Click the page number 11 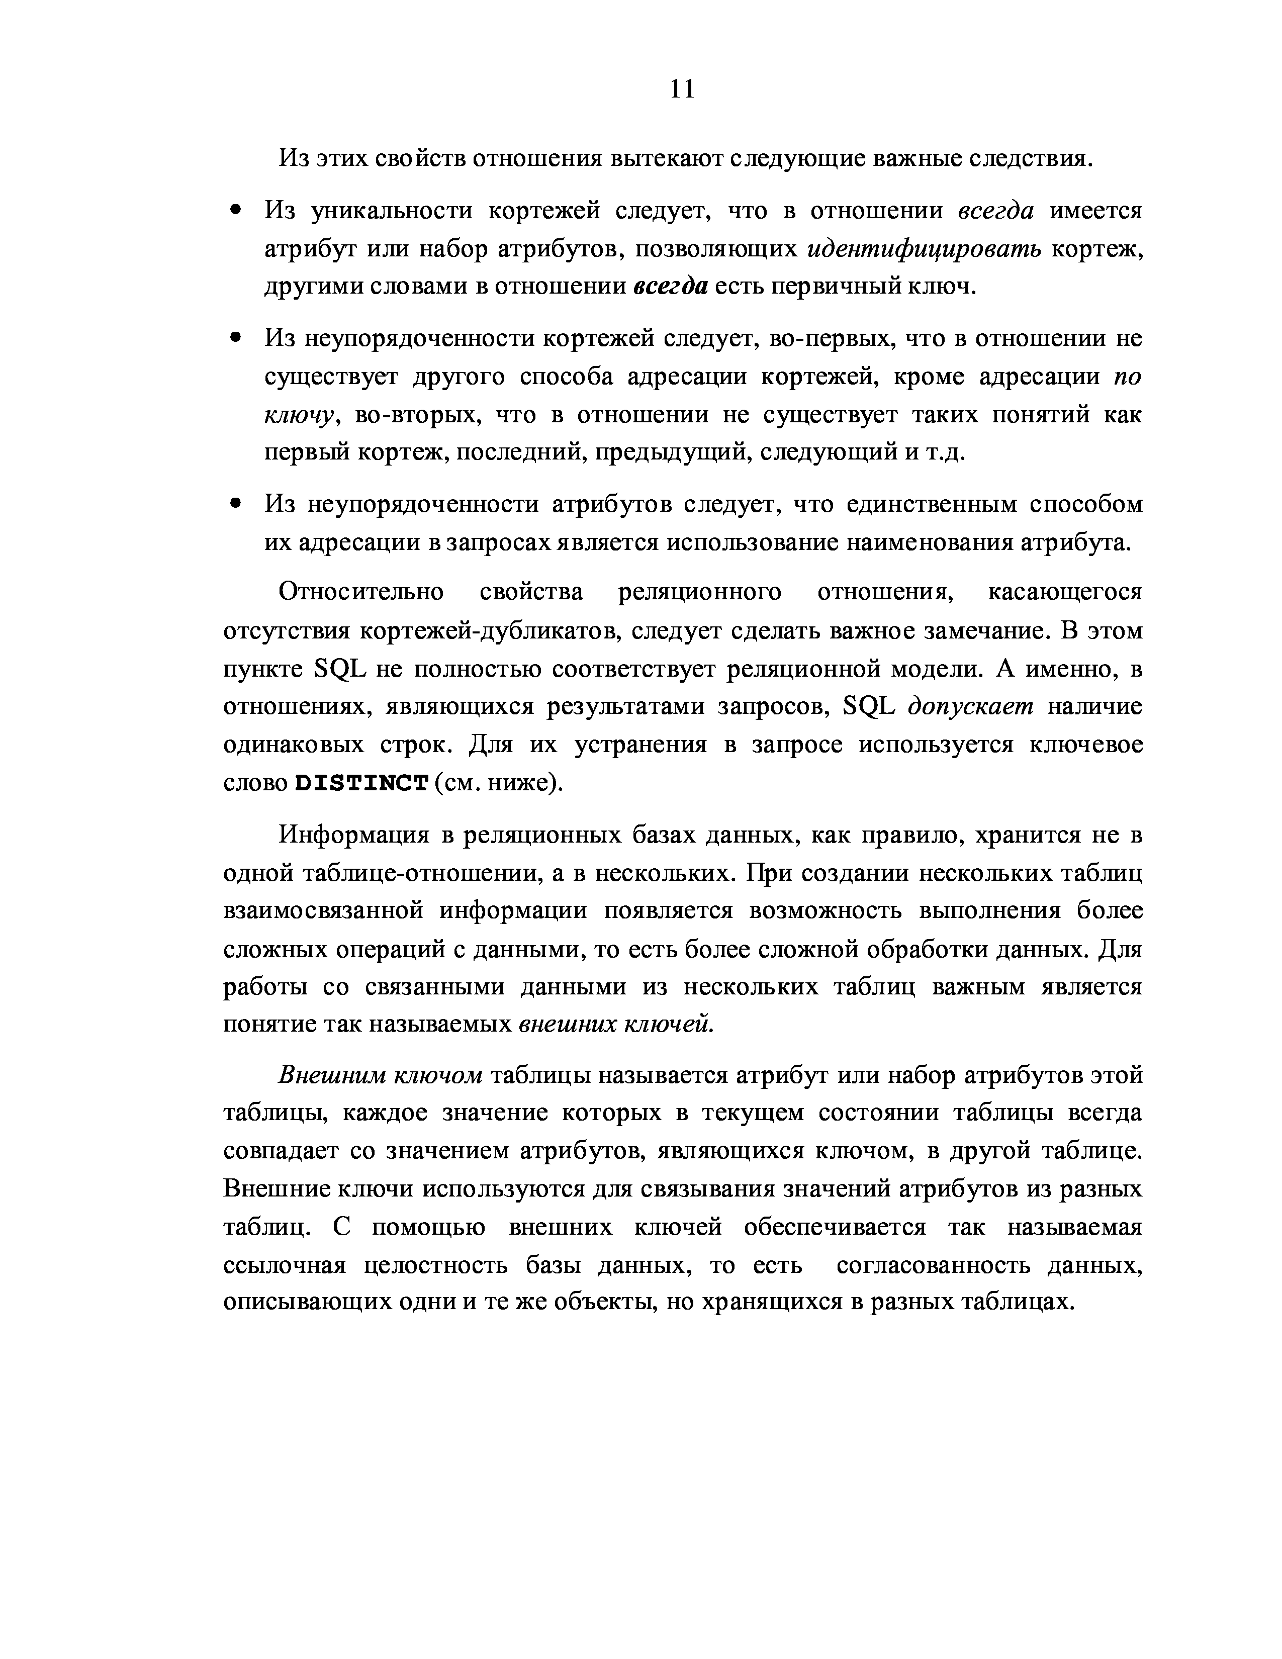tap(682, 89)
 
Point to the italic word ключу tap(299, 415)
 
